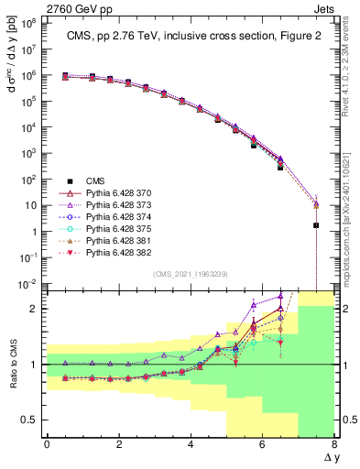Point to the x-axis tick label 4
pos(191,445)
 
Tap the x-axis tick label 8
pos(334,445)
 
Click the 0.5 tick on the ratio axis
pos(27,420)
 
